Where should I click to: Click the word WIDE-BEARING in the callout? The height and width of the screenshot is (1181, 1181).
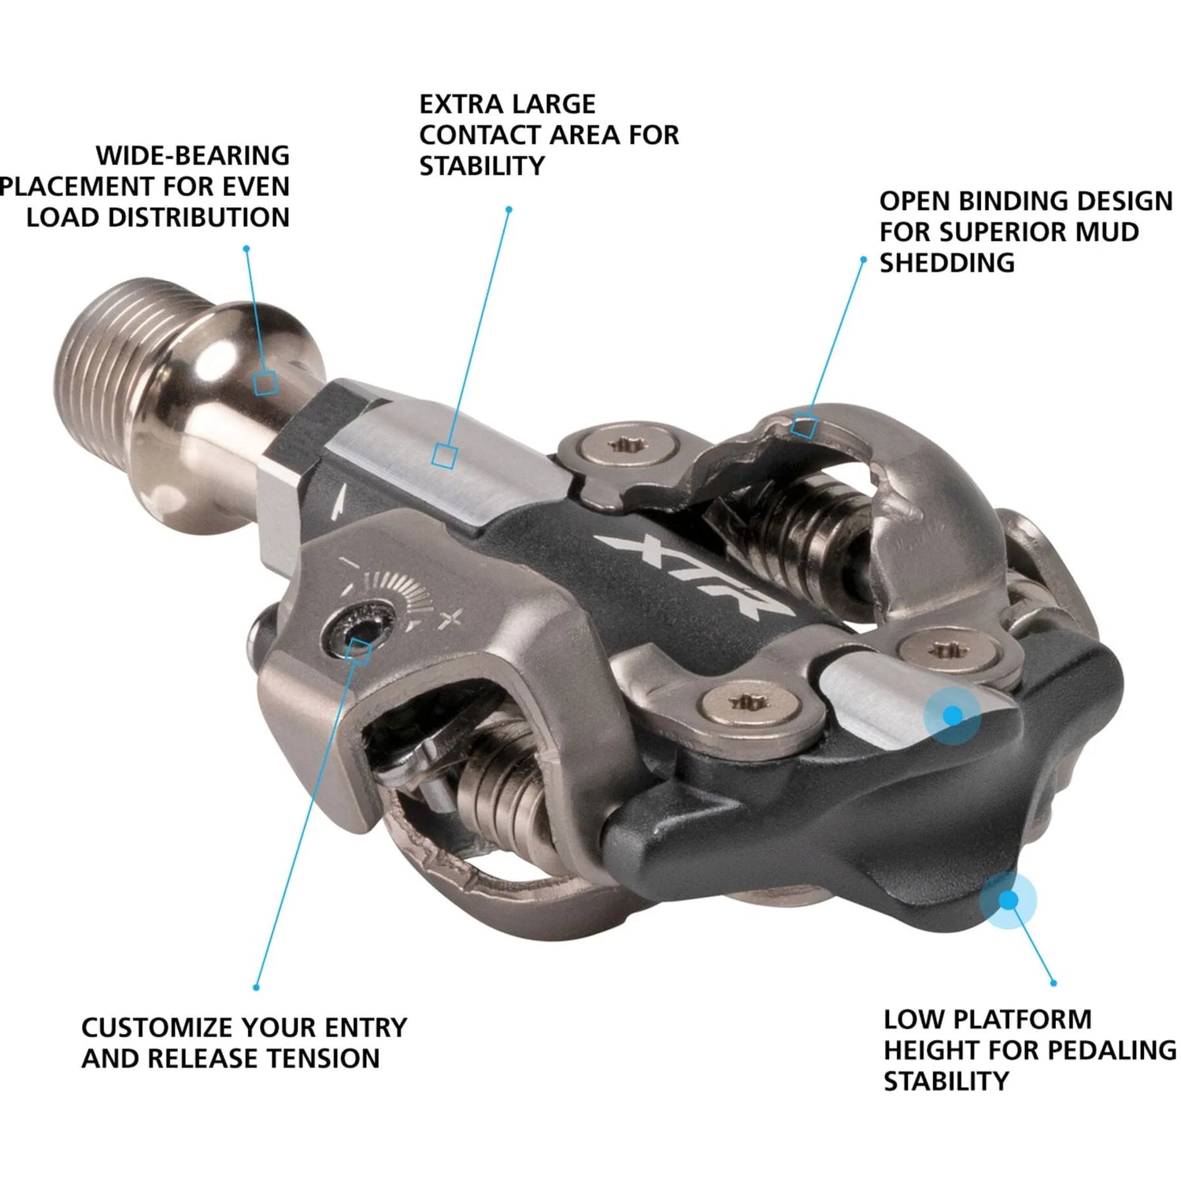pos(193,155)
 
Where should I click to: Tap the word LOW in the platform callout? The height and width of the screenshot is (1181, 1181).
pos(912,1019)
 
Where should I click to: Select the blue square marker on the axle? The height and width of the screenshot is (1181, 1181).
pos(265,383)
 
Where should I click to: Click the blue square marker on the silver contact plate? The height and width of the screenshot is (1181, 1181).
pos(445,456)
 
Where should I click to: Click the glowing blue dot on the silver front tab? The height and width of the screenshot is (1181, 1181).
pos(953,715)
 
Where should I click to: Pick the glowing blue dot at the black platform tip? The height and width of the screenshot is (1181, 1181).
pos(1008,900)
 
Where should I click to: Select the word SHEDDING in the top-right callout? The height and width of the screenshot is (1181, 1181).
pos(947,262)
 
